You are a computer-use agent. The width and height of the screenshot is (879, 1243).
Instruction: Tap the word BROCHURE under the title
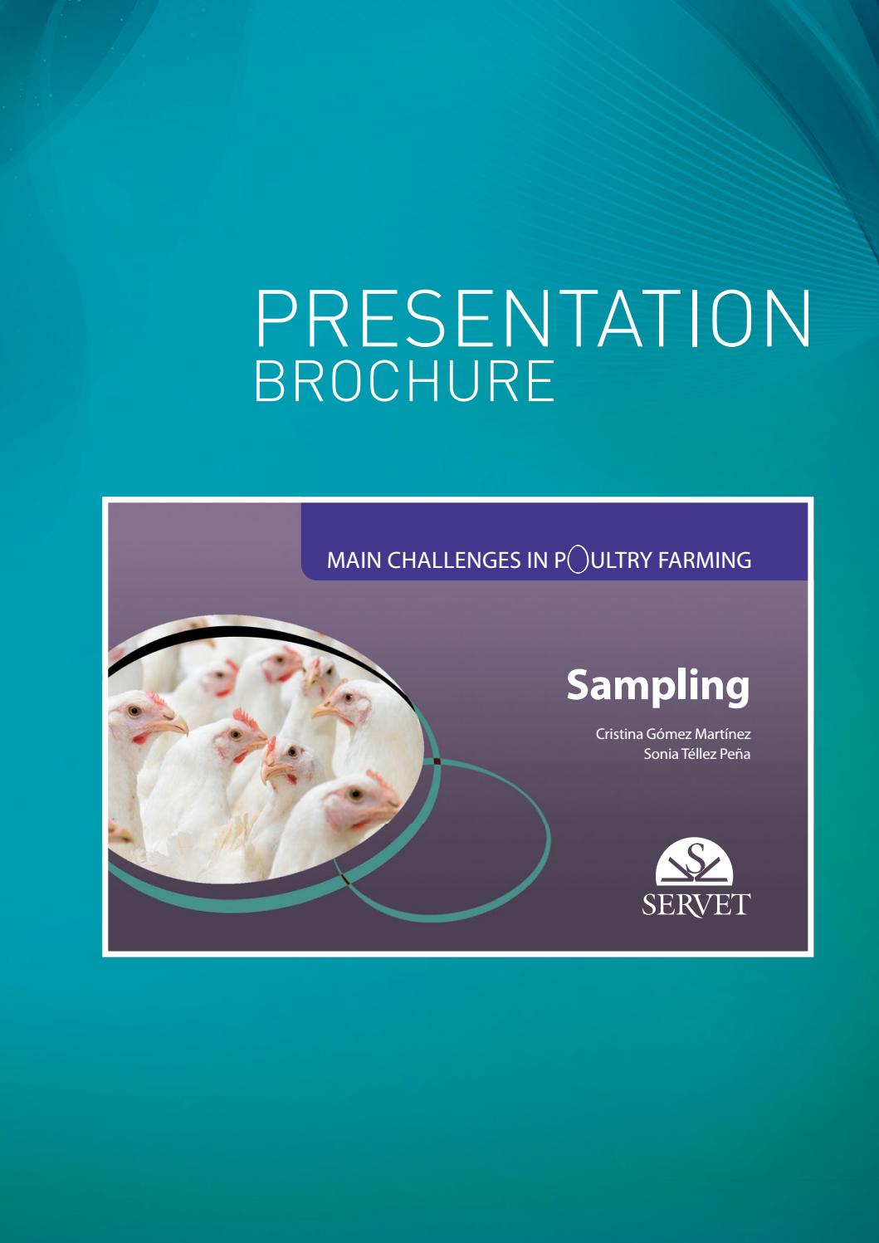[404, 381]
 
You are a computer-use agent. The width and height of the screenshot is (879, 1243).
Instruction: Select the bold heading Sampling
[657, 687]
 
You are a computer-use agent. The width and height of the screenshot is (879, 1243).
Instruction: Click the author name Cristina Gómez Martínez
[673, 735]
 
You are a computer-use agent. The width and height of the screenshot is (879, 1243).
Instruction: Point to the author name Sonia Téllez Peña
[696, 755]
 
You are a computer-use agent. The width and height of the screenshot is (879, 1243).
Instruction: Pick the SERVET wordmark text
[696, 903]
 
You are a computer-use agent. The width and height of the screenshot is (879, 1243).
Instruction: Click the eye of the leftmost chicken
[134, 712]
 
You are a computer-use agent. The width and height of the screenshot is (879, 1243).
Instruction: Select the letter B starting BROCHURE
[268, 381]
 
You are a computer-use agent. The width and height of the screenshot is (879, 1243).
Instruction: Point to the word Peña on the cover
[734, 755]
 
